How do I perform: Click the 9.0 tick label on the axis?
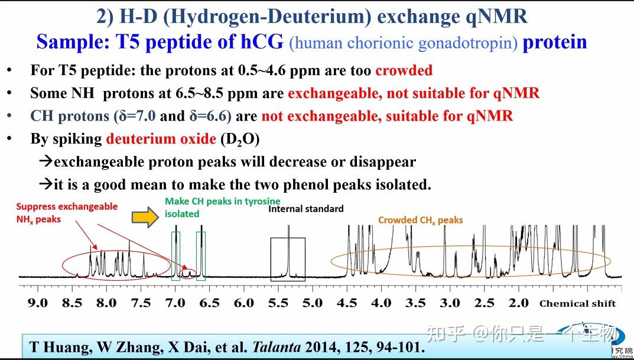(x=38, y=303)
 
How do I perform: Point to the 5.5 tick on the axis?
(x=278, y=303)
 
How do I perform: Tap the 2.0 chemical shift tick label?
(x=519, y=303)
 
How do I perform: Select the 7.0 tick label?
(x=175, y=303)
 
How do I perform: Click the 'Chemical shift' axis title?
(x=577, y=303)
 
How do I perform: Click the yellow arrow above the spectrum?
(x=144, y=218)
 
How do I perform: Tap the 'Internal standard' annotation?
(x=305, y=209)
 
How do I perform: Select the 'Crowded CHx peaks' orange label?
(x=420, y=220)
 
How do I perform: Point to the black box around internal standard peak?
(x=288, y=259)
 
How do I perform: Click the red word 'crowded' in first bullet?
(x=404, y=70)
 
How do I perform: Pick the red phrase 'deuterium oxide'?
(x=161, y=139)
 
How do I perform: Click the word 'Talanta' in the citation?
(x=275, y=347)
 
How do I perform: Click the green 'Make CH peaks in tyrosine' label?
(x=222, y=202)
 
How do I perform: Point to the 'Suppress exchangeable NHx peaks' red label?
(x=66, y=212)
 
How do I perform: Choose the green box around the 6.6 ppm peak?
(x=201, y=255)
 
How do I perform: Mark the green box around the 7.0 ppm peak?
(x=175, y=255)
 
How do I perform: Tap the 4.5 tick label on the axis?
(x=347, y=303)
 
